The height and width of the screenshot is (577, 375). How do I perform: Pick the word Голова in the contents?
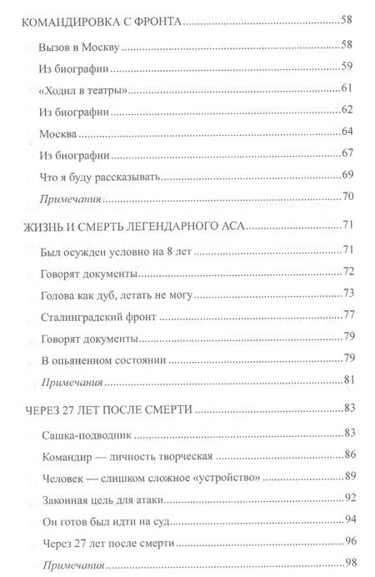60,293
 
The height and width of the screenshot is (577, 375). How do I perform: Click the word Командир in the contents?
67,455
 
